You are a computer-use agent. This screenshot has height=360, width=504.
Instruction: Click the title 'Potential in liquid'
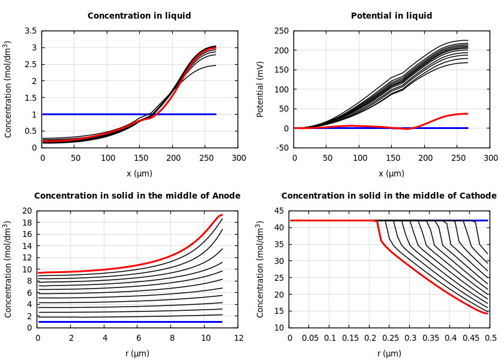[391, 16]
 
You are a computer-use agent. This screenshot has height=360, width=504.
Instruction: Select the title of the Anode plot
[137, 196]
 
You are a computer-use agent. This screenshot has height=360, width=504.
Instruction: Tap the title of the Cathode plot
[389, 196]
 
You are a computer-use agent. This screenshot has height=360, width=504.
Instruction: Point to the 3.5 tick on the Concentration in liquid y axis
[30, 31]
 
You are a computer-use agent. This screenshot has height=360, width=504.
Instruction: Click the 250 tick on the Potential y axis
[281, 31]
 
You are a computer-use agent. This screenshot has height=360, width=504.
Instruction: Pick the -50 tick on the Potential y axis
[281, 148]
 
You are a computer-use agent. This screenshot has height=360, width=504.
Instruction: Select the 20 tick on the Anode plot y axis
[26, 211]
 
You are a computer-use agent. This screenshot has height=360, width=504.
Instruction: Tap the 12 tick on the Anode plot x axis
[239, 338]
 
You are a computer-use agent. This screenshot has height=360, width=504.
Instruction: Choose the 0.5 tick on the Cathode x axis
[490, 338]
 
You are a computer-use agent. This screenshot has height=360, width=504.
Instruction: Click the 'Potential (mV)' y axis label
[260, 89]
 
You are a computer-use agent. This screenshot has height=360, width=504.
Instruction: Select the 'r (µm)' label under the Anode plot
[137, 353]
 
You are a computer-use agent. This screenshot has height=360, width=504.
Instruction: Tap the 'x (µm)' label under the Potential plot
[391, 173]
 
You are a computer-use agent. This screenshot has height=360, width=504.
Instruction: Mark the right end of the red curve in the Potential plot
[467, 113]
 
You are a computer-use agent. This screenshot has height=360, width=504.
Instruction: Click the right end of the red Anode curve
[222, 215]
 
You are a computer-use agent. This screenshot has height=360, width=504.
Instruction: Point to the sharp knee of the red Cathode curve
[378, 221]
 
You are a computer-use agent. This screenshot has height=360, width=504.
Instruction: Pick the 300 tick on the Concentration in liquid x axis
[239, 158]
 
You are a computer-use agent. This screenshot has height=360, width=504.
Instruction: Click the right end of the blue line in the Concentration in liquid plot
[215, 114]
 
